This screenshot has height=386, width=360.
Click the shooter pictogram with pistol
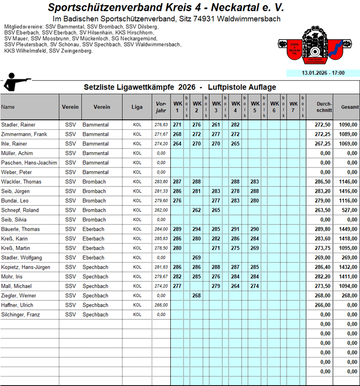17,83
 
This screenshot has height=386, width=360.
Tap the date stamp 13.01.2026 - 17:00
323,73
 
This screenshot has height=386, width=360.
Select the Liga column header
137,107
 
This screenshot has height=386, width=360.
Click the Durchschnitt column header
324,107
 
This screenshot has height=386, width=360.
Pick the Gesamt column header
350,107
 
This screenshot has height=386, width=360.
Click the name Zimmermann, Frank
24,134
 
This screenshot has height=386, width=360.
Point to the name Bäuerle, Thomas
21,229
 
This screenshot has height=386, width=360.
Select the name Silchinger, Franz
22,314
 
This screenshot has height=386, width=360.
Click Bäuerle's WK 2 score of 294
197,229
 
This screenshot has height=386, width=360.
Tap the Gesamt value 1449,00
349,229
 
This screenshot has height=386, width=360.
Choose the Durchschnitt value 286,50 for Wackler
325,182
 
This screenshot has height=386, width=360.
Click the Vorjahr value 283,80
161,182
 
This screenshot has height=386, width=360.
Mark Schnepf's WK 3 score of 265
216,210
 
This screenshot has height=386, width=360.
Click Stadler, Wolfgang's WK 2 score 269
197,258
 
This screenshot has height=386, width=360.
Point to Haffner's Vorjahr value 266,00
161,305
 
